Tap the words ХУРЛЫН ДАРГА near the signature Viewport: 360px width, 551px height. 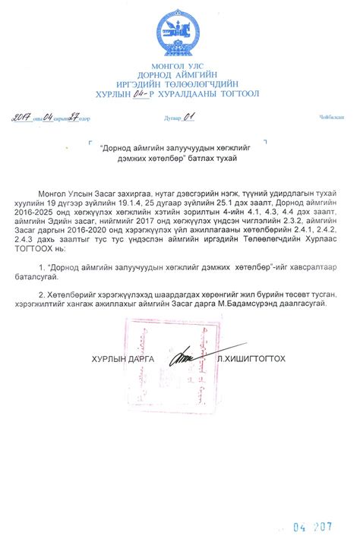pos(122,357)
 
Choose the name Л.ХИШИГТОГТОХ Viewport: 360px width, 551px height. pos(251,357)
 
